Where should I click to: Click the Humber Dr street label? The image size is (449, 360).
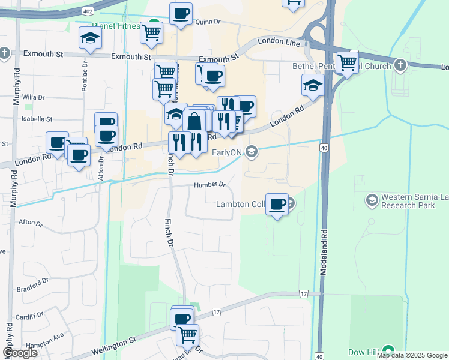click(x=209, y=185)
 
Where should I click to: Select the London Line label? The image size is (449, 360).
click(x=279, y=42)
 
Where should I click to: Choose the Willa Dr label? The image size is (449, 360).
click(x=34, y=97)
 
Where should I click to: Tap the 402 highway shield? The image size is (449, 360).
click(x=88, y=11)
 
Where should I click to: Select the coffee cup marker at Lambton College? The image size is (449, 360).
click(x=277, y=204)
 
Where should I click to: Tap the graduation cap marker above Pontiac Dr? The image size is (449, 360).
click(x=90, y=38)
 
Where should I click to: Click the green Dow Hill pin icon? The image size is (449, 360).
click(x=389, y=350)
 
